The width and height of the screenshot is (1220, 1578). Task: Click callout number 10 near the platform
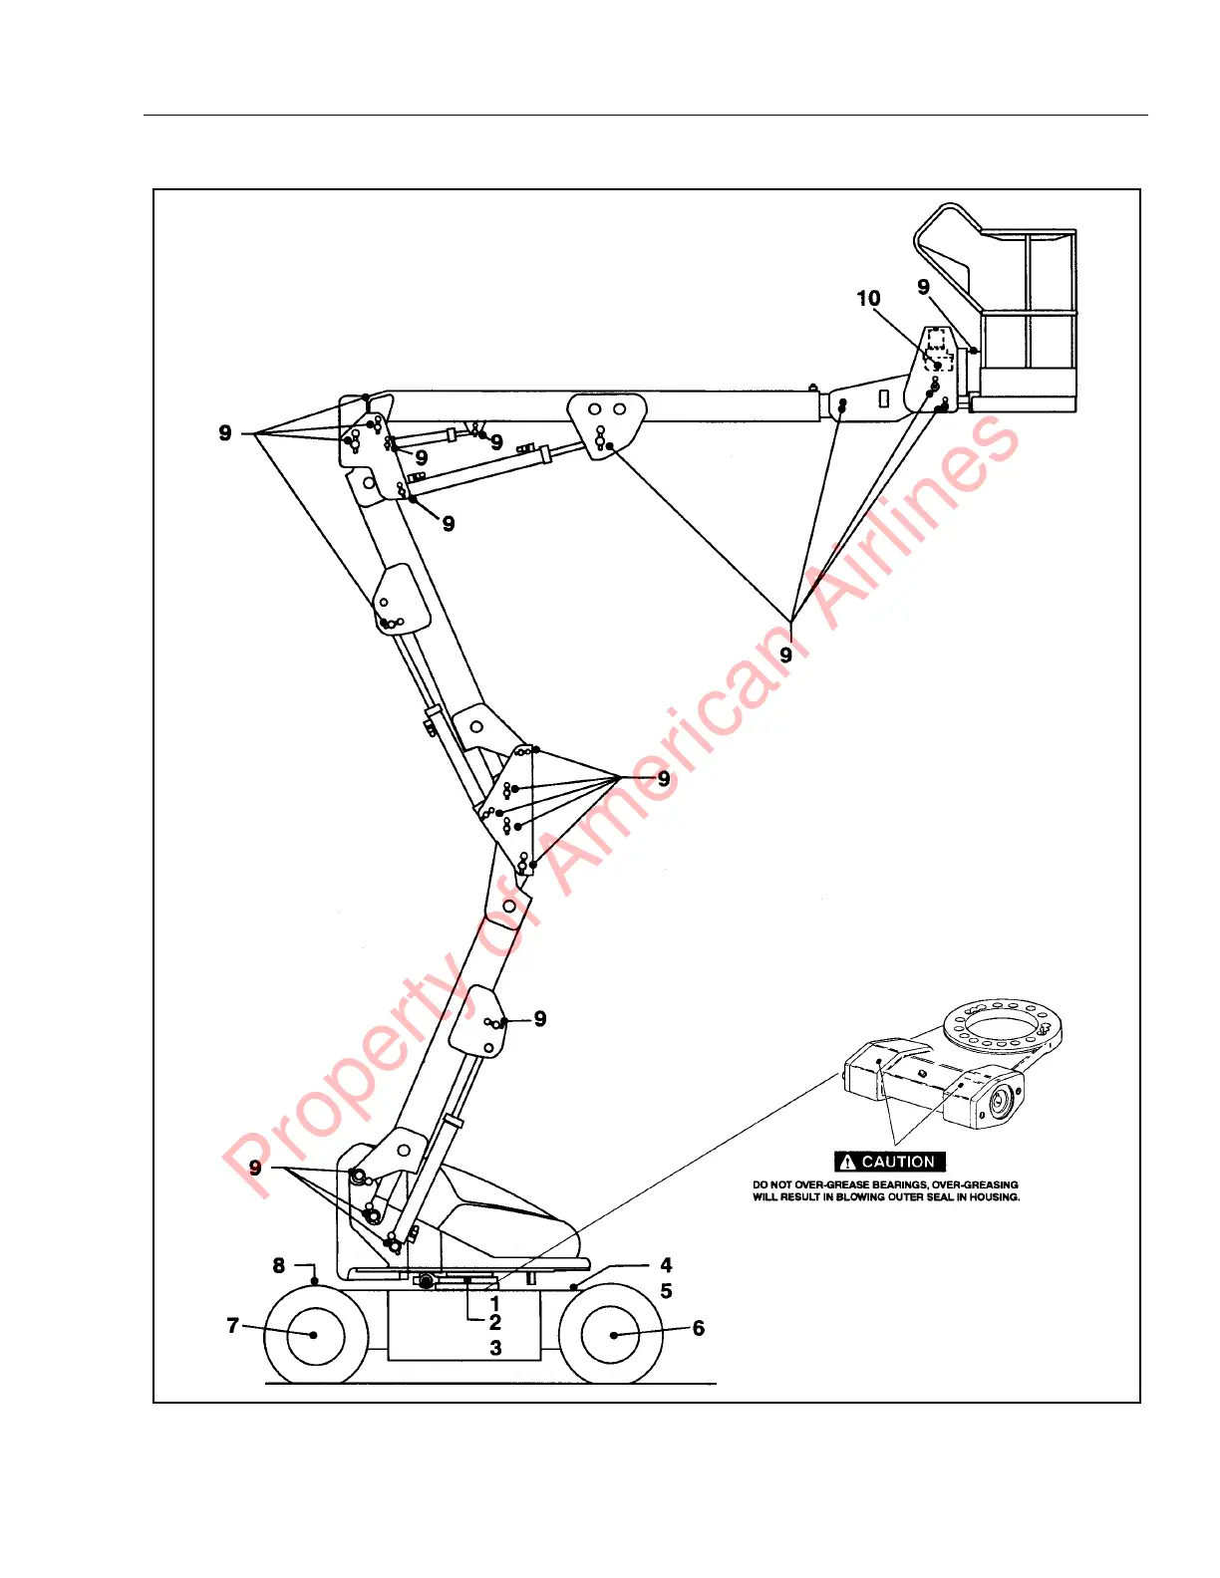[868, 299]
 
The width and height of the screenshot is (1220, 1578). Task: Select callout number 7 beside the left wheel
[233, 1325]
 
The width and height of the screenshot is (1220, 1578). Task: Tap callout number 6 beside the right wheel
[699, 1328]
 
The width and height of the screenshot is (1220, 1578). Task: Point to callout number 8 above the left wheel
[279, 1265]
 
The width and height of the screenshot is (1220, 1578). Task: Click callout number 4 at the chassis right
[666, 1265]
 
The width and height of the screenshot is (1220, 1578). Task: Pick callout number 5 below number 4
[666, 1291]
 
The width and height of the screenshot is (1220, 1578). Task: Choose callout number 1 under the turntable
[495, 1303]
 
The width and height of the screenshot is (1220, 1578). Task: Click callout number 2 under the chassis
[495, 1323]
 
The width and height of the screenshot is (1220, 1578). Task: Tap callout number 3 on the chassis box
[495, 1348]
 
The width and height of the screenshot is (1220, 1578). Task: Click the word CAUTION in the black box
[898, 1162]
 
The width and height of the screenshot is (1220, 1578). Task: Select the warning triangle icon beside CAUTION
[848, 1162]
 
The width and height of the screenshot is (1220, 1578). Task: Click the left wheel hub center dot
[314, 1335]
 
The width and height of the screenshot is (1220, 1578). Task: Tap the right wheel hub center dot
[612, 1335]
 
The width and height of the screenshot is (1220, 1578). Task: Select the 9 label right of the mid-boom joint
[664, 779]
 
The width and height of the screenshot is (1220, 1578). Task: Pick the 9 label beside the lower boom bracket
[540, 1019]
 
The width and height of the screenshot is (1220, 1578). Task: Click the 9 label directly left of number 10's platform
[924, 287]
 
